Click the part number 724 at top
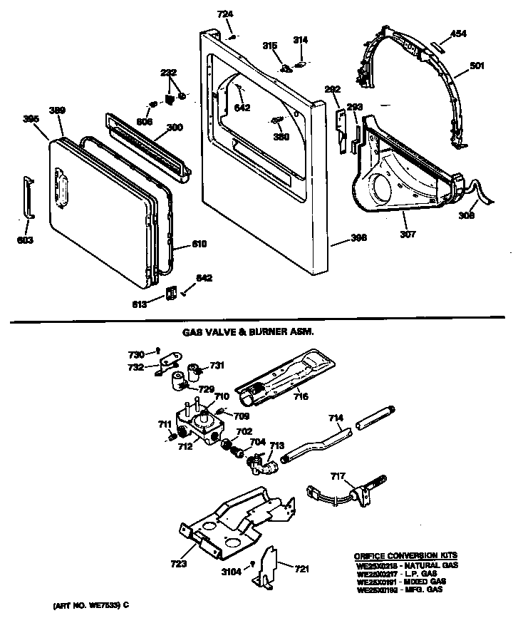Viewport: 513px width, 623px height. tap(225, 15)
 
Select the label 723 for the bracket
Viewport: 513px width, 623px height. tap(178, 563)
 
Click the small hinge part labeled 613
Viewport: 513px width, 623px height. tap(170, 293)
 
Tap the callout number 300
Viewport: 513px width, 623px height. tap(174, 128)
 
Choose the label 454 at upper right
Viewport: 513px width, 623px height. tap(460, 33)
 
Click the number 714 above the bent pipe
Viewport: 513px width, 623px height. tap(336, 418)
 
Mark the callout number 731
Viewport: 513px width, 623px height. tap(217, 365)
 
